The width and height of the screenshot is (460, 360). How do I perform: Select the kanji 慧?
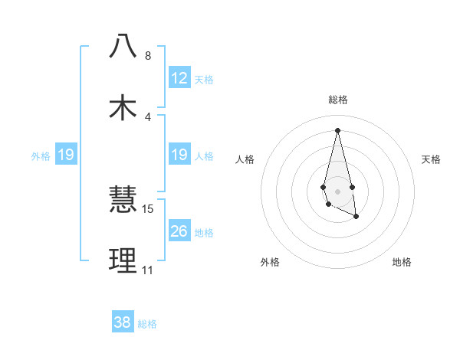[123, 201]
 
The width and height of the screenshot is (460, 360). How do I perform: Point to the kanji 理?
[123, 260]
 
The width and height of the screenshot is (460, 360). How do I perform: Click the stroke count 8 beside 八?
[148, 56]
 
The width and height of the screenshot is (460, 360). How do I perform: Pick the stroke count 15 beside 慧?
[148, 208]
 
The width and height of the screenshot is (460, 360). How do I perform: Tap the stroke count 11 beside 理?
[147, 270]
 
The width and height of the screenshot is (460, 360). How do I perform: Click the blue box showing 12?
[179, 78]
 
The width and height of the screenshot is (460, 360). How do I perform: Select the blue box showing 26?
[179, 231]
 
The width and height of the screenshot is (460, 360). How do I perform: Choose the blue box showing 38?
[123, 322]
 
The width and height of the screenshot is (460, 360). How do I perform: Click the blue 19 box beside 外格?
[66, 155]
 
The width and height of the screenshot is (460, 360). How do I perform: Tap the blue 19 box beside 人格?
[179, 155]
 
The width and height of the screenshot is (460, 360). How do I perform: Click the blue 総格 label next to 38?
[147, 324]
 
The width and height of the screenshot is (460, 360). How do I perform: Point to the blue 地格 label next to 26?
[204, 233]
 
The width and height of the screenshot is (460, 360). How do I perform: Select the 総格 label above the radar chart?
[338, 100]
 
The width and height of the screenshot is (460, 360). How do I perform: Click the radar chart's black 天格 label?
[432, 159]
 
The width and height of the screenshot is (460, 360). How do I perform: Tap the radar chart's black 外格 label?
[270, 262]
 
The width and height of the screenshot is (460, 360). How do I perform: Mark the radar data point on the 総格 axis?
[337, 129]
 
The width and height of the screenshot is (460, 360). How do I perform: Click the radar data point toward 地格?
[356, 218]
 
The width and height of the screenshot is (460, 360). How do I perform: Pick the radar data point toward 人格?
[324, 187]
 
